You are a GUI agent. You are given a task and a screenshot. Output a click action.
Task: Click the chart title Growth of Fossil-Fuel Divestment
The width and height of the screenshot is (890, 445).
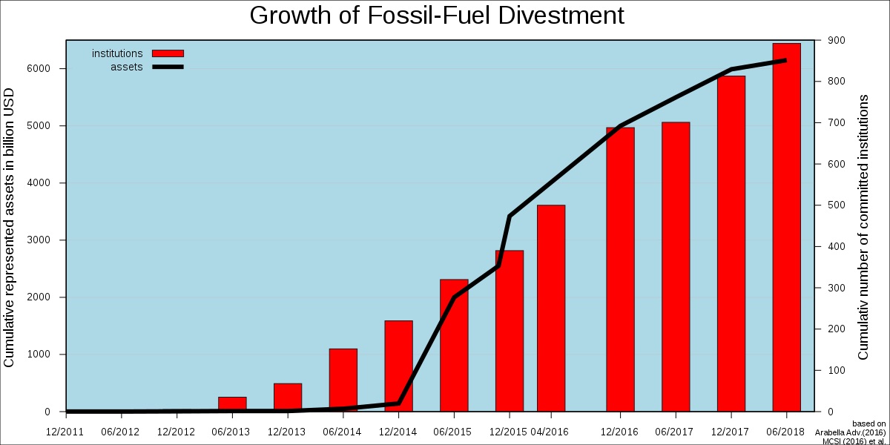(437, 16)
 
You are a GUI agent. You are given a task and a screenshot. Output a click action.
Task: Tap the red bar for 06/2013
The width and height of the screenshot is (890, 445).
(232, 404)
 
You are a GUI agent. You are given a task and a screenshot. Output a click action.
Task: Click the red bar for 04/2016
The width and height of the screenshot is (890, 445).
(551, 308)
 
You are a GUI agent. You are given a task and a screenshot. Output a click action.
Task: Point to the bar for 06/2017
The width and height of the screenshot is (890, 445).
(676, 267)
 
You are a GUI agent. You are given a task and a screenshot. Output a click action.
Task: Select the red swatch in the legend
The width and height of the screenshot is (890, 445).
(168, 53)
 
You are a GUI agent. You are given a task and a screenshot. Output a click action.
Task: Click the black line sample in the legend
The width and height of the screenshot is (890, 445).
(168, 67)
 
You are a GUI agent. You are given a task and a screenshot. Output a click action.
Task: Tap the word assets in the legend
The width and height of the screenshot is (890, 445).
(126, 67)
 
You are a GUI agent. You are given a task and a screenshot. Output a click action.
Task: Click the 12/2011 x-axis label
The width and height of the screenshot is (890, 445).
(65, 432)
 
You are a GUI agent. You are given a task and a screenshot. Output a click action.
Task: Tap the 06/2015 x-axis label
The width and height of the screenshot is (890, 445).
(452, 432)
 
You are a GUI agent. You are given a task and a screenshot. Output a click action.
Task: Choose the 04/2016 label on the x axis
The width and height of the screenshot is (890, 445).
(550, 432)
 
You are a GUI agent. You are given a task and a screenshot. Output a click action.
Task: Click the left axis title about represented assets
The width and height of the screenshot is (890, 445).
(10, 227)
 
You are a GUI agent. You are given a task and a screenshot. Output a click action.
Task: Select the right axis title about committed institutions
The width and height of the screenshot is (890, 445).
(863, 227)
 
